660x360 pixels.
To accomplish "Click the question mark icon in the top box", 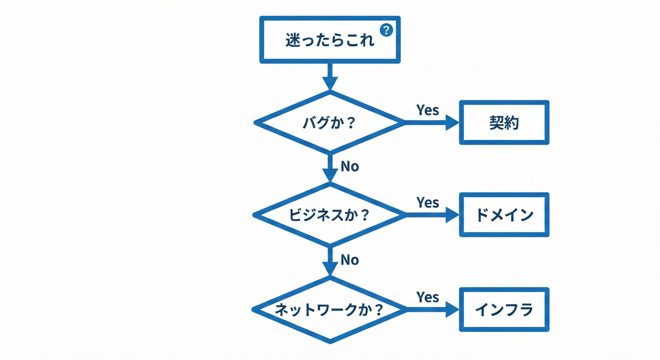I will (386, 30).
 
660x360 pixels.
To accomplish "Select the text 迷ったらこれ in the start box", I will (330, 41).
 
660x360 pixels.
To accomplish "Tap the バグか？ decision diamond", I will (330, 122).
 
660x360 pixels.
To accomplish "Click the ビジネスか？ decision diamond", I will (330, 215).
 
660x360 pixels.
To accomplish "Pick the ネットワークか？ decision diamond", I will (330, 310).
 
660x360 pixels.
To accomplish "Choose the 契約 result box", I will (504, 122).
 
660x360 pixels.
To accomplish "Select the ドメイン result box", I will (504, 215).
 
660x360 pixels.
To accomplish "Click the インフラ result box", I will (504, 310).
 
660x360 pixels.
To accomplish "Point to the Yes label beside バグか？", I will (427, 110).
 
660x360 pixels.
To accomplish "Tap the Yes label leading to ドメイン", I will (427, 202).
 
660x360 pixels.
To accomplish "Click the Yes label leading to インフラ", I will (427, 297).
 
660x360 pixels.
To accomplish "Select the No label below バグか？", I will (349, 166).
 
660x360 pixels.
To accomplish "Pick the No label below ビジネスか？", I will (349, 260).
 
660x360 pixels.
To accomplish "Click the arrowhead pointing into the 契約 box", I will (452, 122).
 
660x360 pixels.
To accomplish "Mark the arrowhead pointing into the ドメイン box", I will (452, 215).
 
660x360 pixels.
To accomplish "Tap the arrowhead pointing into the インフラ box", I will (452, 310).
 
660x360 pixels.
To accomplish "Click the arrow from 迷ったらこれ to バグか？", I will (330, 76).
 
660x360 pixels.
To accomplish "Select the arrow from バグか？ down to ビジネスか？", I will (330, 167).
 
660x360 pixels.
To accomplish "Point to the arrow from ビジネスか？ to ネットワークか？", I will (330, 261).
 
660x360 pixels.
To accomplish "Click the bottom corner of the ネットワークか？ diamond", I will (330, 341).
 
